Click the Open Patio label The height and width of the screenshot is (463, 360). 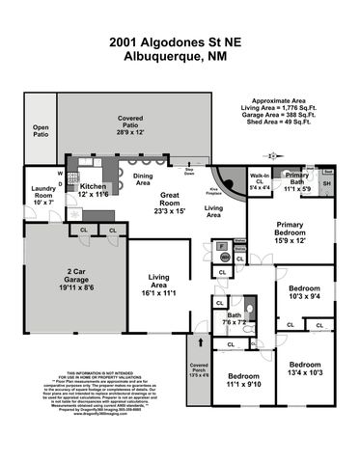41,130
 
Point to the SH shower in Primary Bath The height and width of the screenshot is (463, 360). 326,183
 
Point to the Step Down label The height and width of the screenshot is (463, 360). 190,173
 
